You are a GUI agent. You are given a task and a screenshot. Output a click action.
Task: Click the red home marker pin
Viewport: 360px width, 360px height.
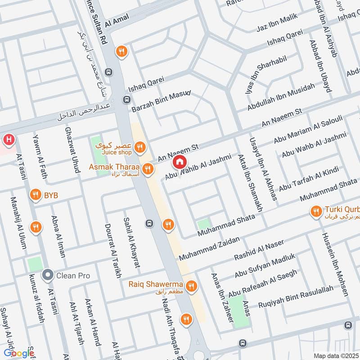pyautogui.click(x=179, y=162)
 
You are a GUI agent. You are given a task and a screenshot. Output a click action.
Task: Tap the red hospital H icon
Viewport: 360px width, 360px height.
pyautogui.click(x=8, y=140)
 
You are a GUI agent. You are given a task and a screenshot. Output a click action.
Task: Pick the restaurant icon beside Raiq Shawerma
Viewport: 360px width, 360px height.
pyautogui.click(x=192, y=286)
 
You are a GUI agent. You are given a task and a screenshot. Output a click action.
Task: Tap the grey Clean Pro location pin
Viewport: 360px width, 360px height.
pyautogui.click(x=47, y=275)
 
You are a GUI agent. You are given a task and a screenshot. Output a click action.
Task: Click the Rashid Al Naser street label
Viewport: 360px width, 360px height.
pyautogui.click(x=259, y=250)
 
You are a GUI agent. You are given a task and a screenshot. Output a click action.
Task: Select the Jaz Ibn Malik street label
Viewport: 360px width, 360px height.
pyautogui.click(x=278, y=26)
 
